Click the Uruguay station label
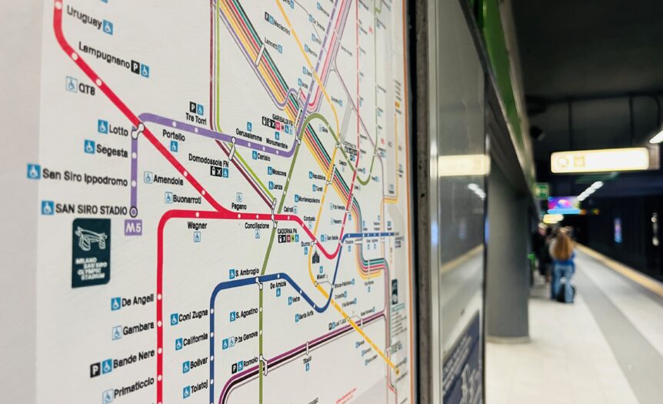coord(85,16)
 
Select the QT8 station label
coord(87,88)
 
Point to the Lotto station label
coord(118,129)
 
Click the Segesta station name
coord(112,151)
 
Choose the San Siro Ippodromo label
coord(85,177)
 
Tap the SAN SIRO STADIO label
coord(91,209)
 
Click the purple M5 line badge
coord(133,227)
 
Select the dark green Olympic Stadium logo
coord(91,253)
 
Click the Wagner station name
coord(197,225)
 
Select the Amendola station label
coord(168,180)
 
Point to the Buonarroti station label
coord(187,198)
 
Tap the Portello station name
coord(174,135)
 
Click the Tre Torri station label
coord(195,119)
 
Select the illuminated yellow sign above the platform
coord(601,160)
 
